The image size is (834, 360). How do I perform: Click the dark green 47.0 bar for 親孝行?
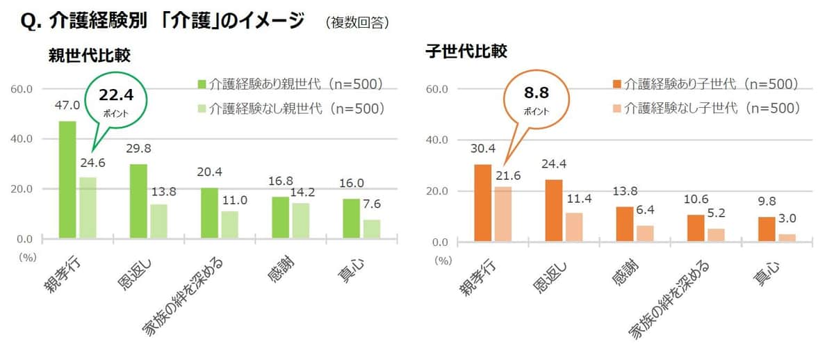click(67, 180)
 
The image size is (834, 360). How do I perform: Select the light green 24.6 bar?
click(88, 208)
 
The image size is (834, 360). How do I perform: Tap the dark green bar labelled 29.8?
click(139, 202)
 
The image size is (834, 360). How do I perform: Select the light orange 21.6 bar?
click(502, 215)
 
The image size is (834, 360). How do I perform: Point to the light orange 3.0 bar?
click(787, 238)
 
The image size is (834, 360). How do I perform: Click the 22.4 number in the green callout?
click(111, 95)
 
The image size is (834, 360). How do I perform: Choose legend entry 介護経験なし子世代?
click(705, 108)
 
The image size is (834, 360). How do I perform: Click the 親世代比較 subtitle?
click(90, 54)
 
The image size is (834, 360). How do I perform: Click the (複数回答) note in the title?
click(357, 23)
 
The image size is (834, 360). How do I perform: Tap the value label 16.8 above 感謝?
click(281, 181)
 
